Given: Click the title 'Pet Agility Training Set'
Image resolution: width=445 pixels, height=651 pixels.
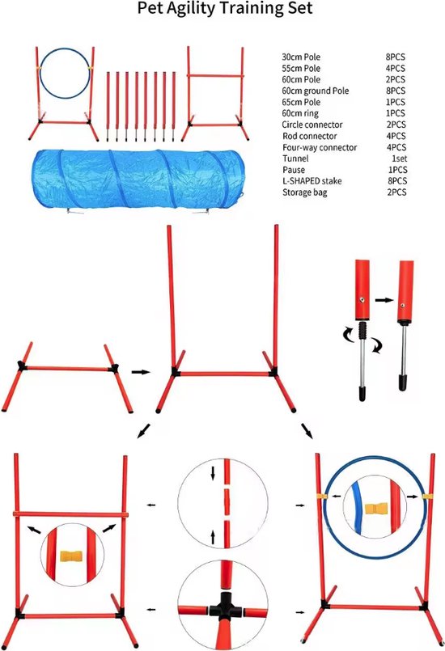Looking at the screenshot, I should click(222, 11).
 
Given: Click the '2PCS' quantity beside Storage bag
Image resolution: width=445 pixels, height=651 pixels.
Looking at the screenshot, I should click(397, 192).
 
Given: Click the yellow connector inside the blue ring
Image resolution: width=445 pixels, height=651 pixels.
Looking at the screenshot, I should click(373, 510).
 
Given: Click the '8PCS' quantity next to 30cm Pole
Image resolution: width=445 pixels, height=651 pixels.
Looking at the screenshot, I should click(397, 58).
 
